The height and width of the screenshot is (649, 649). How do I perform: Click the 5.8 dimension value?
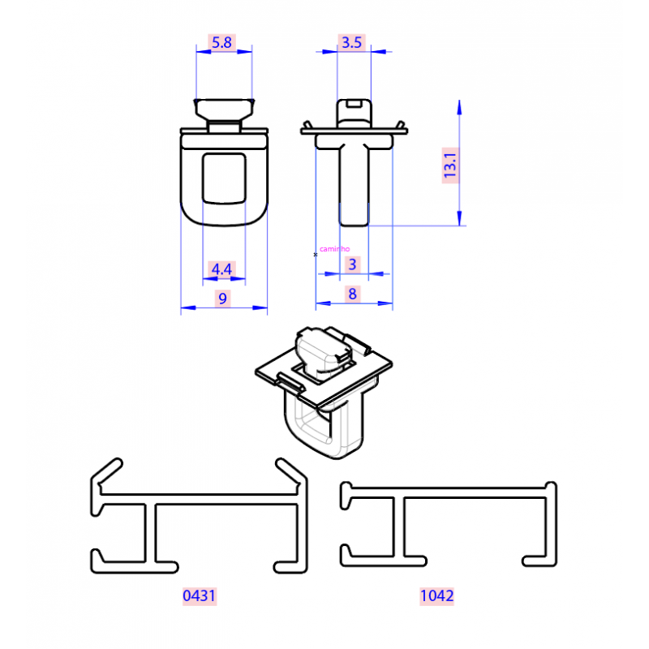pyautogui.click(x=221, y=43)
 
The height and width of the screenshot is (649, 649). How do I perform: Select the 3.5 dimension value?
pyautogui.click(x=351, y=43)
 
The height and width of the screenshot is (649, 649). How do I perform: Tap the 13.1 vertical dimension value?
pyautogui.click(x=450, y=165)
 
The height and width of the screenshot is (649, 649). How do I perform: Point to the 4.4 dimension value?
pyautogui.click(x=221, y=269)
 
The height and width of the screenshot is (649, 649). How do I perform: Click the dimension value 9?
pyautogui.click(x=222, y=299)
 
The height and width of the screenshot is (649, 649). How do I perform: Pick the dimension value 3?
pyautogui.click(x=352, y=264)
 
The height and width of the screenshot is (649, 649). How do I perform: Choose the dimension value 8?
pyautogui.click(x=352, y=294)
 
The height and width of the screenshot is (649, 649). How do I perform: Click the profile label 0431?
pyautogui.click(x=199, y=596)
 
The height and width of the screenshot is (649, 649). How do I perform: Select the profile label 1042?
pyautogui.click(x=436, y=596)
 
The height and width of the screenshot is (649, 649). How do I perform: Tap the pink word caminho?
pyautogui.click(x=334, y=249)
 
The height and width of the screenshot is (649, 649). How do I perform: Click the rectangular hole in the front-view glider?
pyautogui.click(x=224, y=178)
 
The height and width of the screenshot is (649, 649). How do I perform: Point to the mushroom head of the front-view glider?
pyautogui.click(x=224, y=109)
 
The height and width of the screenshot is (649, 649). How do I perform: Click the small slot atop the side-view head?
pyautogui.click(x=353, y=103)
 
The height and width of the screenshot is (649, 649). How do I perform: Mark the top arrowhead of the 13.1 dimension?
pyautogui.click(x=459, y=107)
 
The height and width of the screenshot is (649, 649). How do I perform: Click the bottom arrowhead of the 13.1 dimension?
pyautogui.click(x=459, y=218)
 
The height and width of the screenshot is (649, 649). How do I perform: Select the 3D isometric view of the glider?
pyautogui.click(x=323, y=393)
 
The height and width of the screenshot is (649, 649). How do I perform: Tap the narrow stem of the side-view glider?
pyautogui.click(x=354, y=186)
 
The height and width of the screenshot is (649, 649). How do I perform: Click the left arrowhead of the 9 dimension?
pyautogui.click(x=188, y=307)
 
